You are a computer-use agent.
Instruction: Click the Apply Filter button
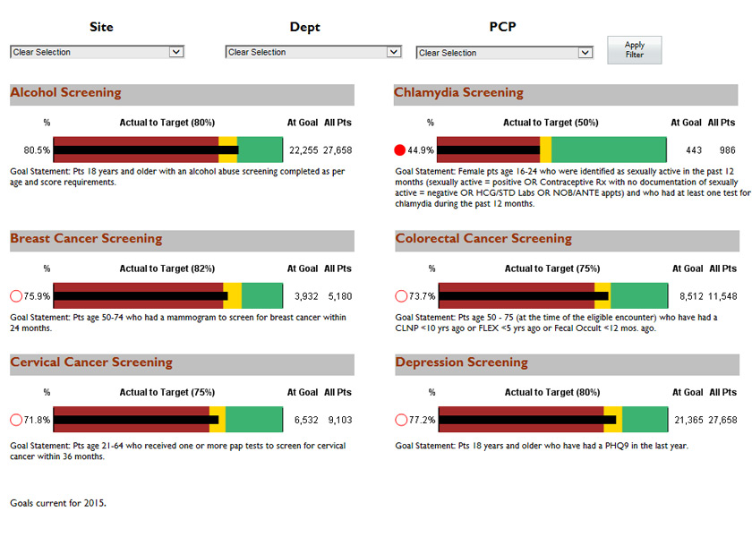click(x=634, y=50)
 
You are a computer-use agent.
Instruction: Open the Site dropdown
click(x=97, y=52)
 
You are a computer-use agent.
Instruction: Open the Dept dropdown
click(x=312, y=52)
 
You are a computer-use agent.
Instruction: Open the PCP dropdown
click(x=505, y=53)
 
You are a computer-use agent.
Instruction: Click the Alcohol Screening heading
click(x=65, y=93)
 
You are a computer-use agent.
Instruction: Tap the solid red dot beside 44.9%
click(x=400, y=150)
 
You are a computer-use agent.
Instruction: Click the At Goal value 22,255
click(x=303, y=150)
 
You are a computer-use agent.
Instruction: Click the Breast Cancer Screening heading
click(x=86, y=239)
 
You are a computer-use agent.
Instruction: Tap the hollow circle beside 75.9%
click(x=15, y=296)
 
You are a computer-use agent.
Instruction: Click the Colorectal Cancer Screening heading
click(x=483, y=239)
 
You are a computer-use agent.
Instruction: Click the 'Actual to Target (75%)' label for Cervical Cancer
click(x=167, y=392)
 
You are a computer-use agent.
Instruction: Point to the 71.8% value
click(x=37, y=420)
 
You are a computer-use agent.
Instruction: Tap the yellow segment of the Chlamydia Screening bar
click(x=545, y=150)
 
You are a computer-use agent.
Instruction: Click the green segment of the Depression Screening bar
click(x=645, y=420)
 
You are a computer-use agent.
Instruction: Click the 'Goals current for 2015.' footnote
click(x=58, y=503)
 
